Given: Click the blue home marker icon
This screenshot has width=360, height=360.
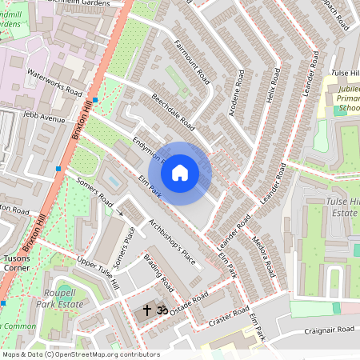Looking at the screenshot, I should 180,172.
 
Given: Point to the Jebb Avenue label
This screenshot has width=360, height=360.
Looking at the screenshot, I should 44,118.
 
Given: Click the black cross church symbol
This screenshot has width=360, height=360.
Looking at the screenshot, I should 147,309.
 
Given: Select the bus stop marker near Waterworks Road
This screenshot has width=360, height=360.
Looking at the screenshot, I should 95,100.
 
